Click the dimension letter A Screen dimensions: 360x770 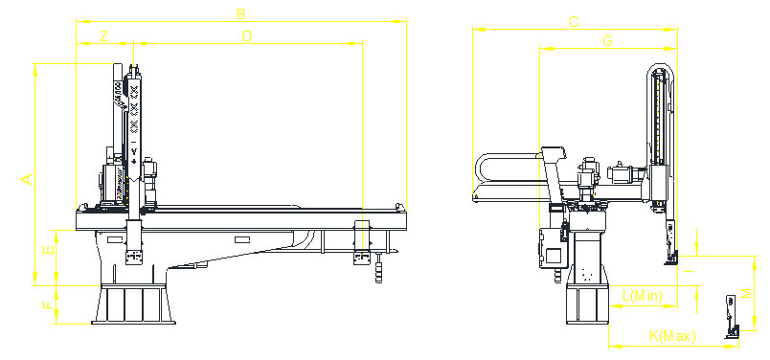click(x=28, y=179)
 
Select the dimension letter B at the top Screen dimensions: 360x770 click(x=241, y=13)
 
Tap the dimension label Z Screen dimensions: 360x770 click(x=103, y=37)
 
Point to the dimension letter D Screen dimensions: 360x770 click(x=246, y=37)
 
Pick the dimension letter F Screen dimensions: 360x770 click(x=47, y=305)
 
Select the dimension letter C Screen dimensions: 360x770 click(x=573, y=22)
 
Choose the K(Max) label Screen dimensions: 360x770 click(x=671, y=336)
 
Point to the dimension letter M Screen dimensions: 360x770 click(x=747, y=294)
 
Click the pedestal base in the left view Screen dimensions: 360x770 click(x=134, y=304)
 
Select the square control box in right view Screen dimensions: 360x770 click(x=554, y=256)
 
